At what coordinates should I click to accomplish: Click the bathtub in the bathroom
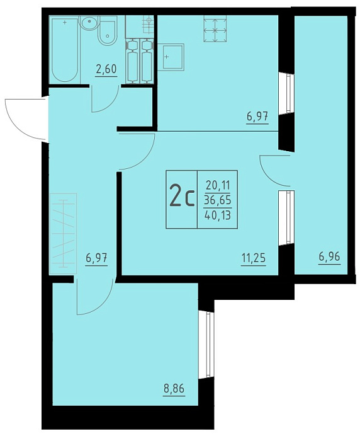point(65,50)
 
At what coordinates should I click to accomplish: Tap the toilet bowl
point(107,33)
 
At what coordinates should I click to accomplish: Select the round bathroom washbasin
point(89,22)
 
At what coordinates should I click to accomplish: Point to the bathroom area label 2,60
point(106,70)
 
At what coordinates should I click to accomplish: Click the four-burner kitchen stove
point(215,29)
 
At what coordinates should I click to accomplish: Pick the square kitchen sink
point(171,57)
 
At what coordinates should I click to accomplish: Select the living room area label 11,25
point(253,258)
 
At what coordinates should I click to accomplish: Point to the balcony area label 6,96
point(330,258)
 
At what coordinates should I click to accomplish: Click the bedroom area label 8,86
point(174,389)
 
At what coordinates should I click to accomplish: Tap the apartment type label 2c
point(182,199)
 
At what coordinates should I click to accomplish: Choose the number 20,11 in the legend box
point(218,186)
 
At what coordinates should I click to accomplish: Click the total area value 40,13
point(218,215)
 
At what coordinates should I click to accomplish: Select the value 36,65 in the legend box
point(218,200)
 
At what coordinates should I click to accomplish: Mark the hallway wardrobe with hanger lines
point(63,234)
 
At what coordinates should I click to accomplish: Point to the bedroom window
point(208,345)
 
